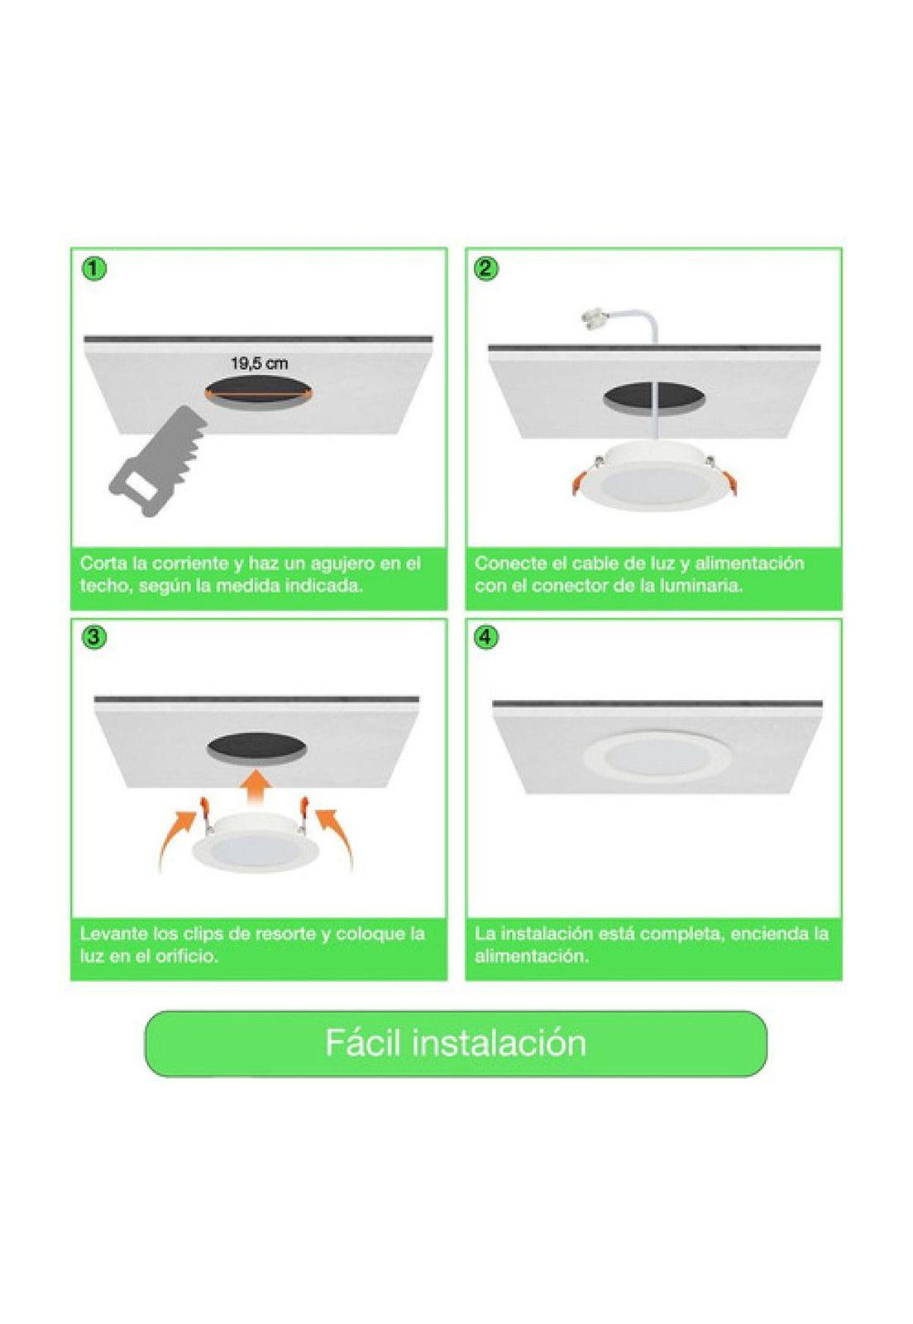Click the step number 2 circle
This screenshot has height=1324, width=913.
[x=487, y=268]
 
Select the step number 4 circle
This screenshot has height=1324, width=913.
[x=487, y=638]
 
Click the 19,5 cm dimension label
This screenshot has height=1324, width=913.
[x=259, y=362]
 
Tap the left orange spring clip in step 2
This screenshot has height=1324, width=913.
[x=581, y=481]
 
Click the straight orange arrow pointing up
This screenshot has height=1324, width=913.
[x=259, y=784]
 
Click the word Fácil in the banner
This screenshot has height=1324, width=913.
[x=363, y=1043]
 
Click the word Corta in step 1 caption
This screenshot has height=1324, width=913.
[x=103, y=564]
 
